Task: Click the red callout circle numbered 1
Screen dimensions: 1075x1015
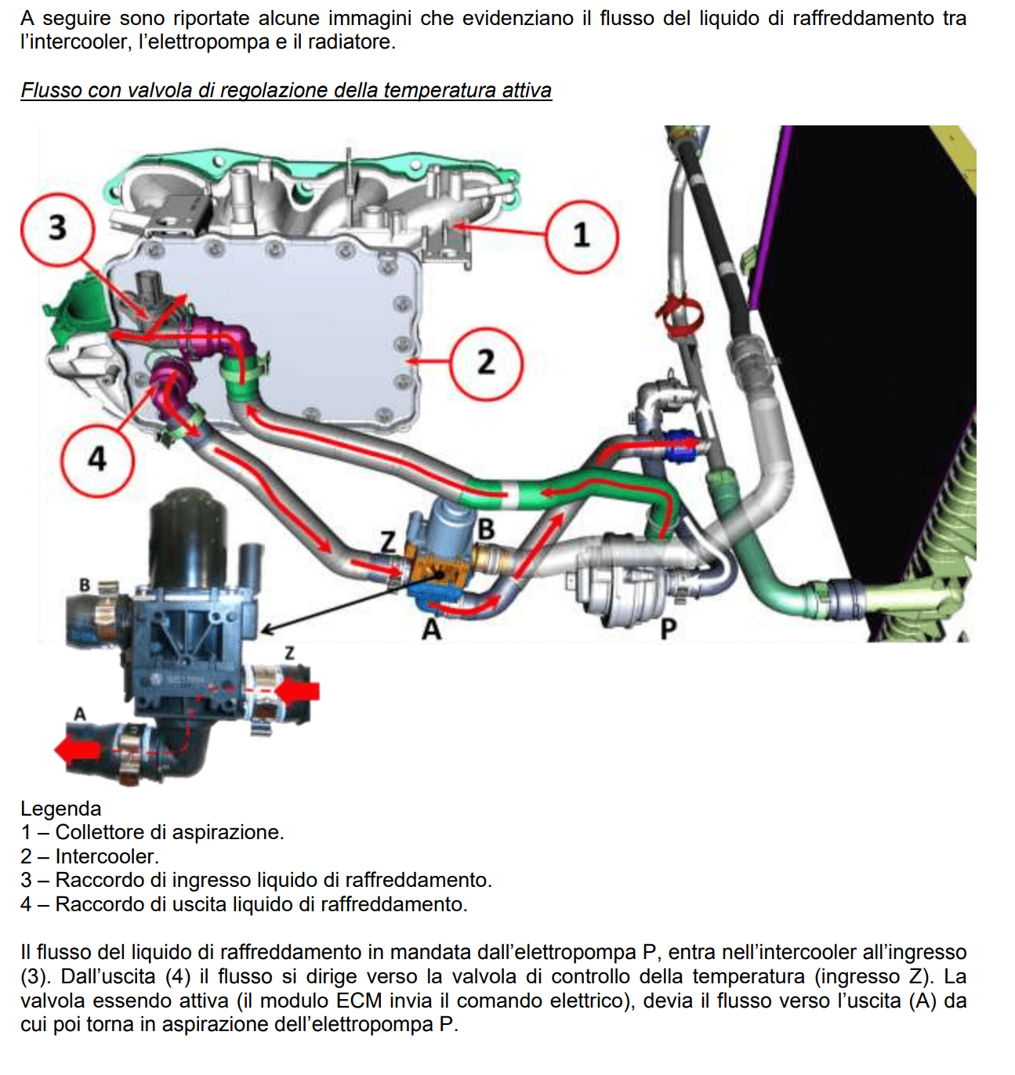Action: [x=581, y=236]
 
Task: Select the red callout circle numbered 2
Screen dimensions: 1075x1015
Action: [x=486, y=363]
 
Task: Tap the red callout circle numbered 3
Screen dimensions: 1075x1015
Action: [x=57, y=228]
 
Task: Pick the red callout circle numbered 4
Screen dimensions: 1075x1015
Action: [x=96, y=458]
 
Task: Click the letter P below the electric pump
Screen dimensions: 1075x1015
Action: [x=668, y=629]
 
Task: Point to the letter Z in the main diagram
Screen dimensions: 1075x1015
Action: [x=387, y=541]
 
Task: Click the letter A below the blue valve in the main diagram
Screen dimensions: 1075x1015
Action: [x=432, y=629]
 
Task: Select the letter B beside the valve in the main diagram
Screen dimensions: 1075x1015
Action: [x=486, y=530]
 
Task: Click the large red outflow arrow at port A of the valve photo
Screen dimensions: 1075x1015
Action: [x=78, y=750]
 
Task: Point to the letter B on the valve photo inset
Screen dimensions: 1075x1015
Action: [x=85, y=585]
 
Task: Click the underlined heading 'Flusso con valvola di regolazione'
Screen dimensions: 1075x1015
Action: [x=286, y=91]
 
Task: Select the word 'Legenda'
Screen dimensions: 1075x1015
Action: [x=61, y=809]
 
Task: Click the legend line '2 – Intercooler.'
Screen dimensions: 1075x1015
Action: [x=90, y=856]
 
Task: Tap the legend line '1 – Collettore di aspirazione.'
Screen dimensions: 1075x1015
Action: [x=153, y=832]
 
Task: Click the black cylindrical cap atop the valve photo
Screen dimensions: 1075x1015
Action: [x=188, y=521]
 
